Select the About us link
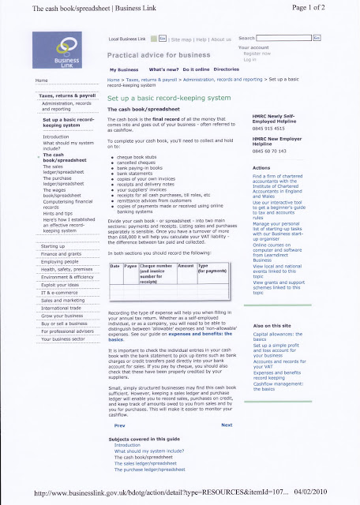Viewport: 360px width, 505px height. coord(221,38)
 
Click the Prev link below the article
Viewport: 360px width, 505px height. coord(120,425)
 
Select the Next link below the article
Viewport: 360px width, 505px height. coord(227,425)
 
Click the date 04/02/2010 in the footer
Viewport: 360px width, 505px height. coord(333,491)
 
